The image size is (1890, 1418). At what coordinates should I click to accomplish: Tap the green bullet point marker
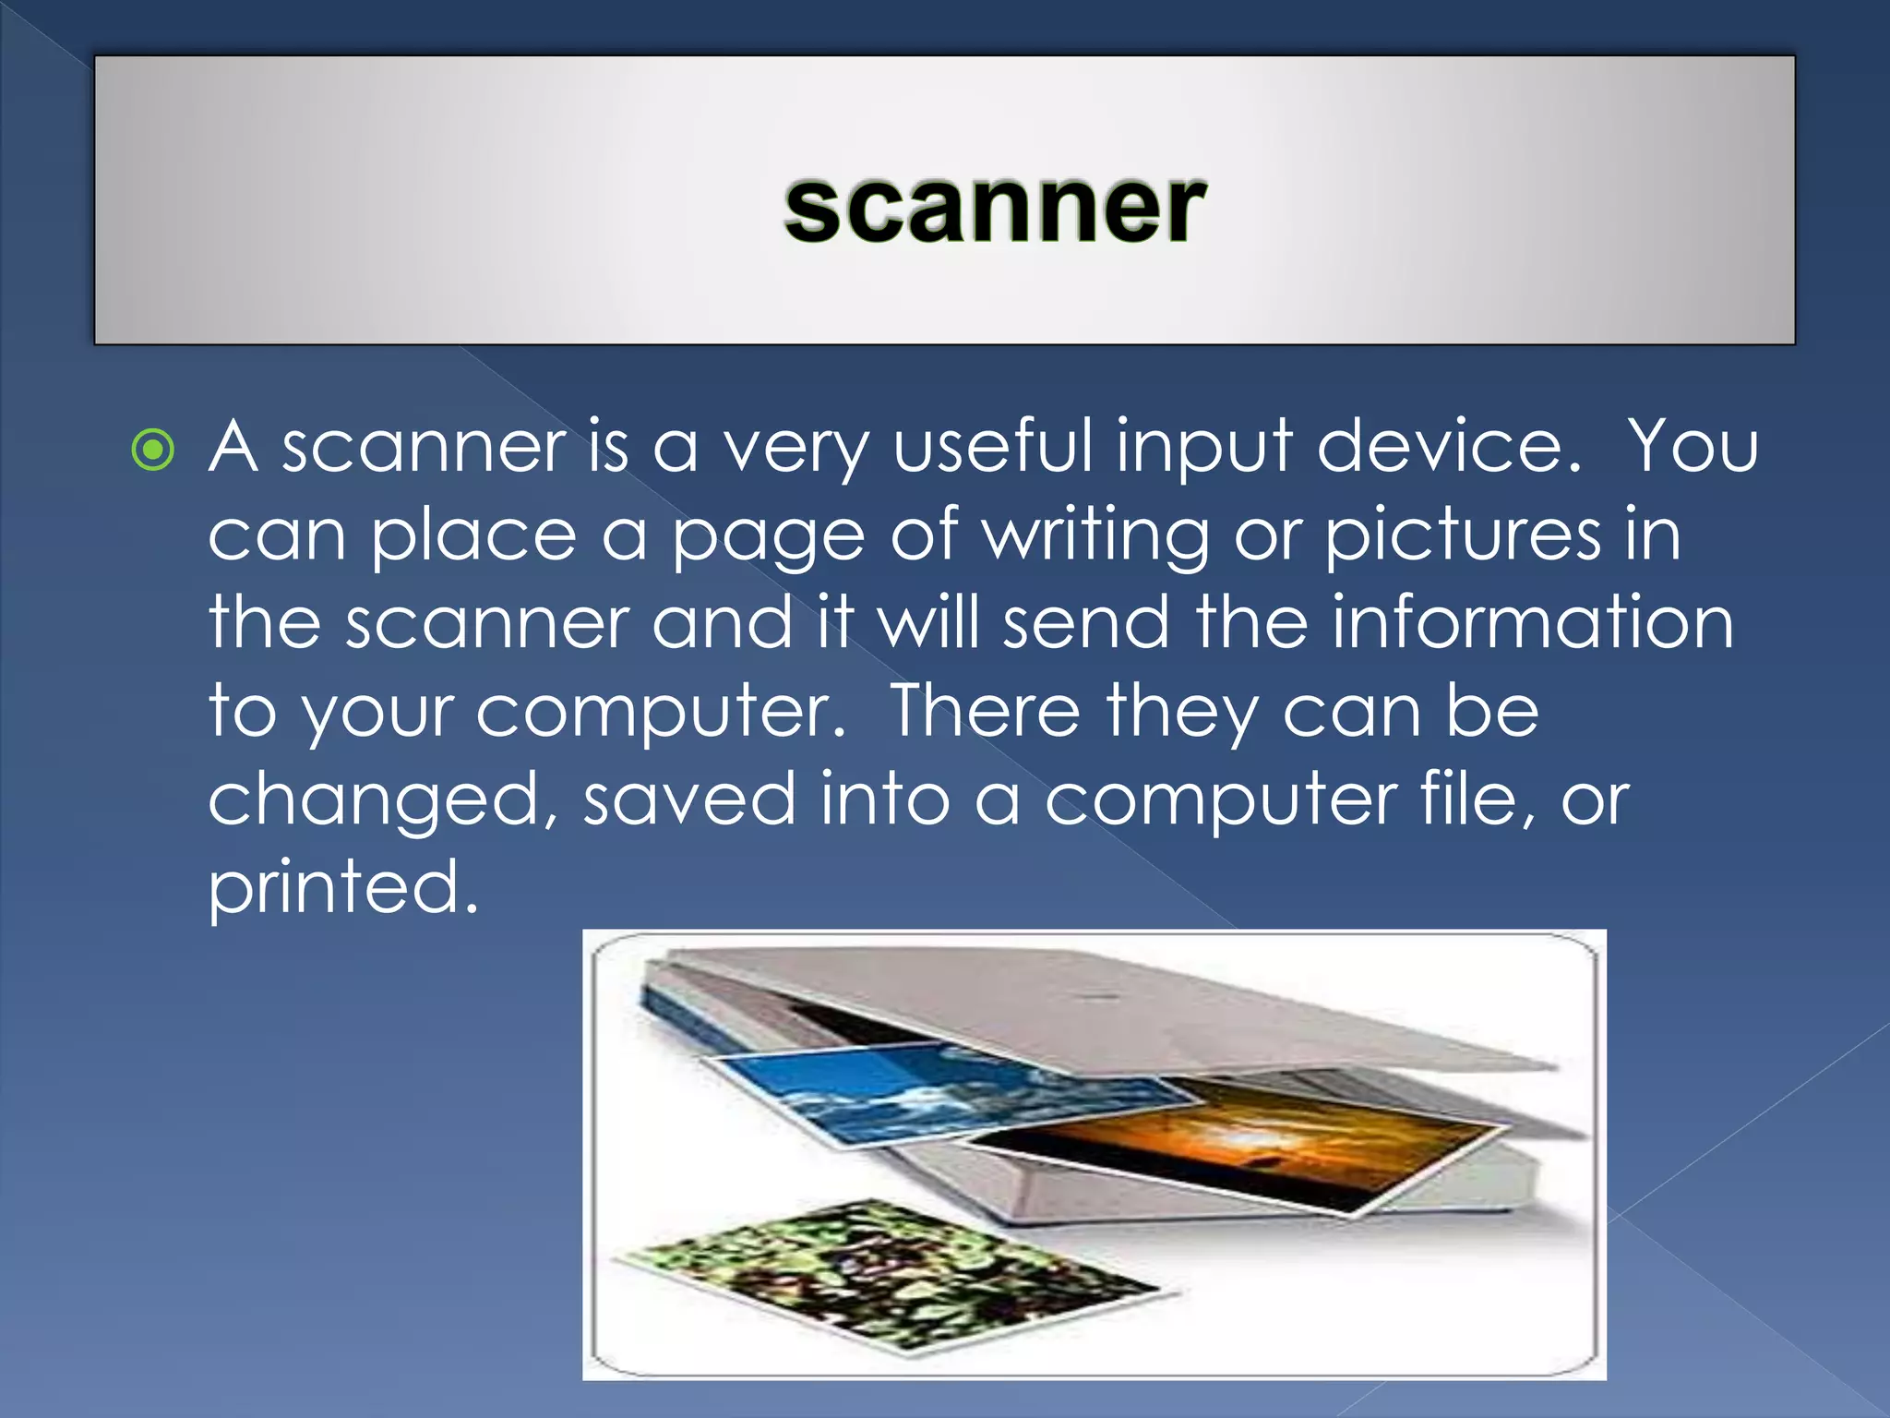[x=153, y=451]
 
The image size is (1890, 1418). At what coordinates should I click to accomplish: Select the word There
[x=984, y=711]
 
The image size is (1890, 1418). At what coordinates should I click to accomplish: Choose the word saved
[x=688, y=799]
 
